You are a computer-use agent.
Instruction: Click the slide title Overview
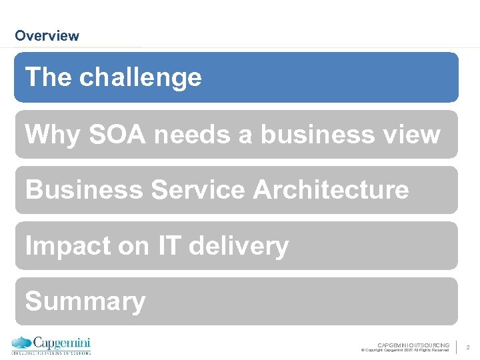[47, 36]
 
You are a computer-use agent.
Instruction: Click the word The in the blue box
[49, 78]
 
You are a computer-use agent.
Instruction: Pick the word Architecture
[331, 190]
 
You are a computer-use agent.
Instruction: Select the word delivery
[239, 247]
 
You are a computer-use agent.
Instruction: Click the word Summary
[85, 302]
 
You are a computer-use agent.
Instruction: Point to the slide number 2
[468, 347]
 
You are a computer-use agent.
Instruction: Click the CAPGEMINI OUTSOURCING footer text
[413, 345]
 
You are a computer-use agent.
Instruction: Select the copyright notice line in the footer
[405, 350]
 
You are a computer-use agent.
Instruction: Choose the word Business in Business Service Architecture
[83, 190]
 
